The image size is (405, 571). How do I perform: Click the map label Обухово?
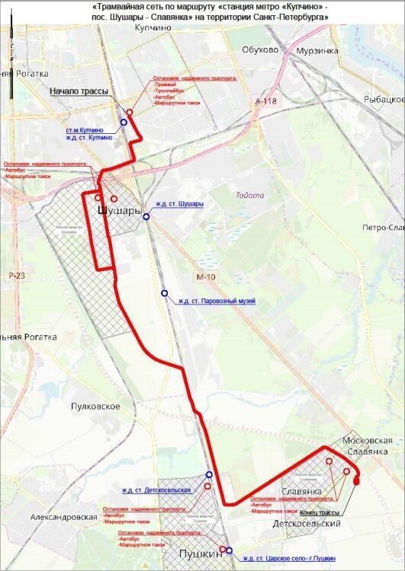pos(260,50)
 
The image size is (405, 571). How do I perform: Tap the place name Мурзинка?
pos(317,51)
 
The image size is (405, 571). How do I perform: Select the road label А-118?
pos(267,101)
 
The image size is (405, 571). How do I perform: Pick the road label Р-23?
pos(16,275)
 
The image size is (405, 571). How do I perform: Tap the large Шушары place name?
pos(121,210)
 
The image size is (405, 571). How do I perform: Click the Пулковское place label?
pos(95,406)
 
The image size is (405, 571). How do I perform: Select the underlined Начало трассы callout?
pos(79,91)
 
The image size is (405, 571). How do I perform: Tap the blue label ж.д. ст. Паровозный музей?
pos(217,301)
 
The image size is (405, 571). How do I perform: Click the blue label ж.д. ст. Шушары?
pos(179,204)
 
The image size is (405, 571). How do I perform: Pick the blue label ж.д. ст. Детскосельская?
pos(156,488)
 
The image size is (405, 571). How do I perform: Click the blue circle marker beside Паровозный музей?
pos(164,293)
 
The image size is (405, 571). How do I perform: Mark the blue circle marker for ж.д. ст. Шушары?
pos(146,216)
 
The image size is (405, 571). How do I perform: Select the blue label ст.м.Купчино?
pos(90,130)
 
